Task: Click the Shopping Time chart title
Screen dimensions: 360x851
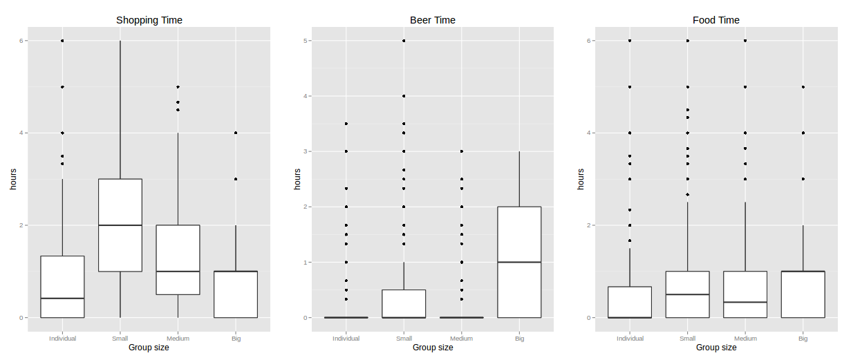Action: [149, 20]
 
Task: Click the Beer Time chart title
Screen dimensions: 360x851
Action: [433, 20]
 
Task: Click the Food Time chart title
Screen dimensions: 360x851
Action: [716, 20]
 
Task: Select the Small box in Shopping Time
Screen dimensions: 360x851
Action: [120, 207]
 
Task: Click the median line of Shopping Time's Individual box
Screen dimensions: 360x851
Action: [62, 299]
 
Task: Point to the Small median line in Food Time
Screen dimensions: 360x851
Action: [687, 294]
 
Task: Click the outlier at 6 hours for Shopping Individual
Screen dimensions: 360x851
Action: [62, 41]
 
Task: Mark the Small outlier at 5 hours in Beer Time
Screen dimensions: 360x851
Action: [404, 41]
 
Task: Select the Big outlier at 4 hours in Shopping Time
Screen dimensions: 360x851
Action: [236, 133]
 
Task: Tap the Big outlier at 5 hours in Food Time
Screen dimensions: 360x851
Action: [803, 87]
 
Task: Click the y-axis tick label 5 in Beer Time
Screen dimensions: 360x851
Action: [306, 41]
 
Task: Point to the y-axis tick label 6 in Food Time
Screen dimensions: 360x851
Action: [590, 41]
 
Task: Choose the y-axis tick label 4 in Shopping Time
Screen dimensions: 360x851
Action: [22, 133]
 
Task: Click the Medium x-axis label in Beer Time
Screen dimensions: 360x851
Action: [461, 339]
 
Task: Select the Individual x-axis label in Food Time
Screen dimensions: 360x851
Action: [630, 339]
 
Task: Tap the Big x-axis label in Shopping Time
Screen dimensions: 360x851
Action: [236, 339]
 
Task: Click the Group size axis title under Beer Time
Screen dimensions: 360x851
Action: [433, 348]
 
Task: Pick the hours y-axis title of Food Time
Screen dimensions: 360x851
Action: [581, 179]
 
